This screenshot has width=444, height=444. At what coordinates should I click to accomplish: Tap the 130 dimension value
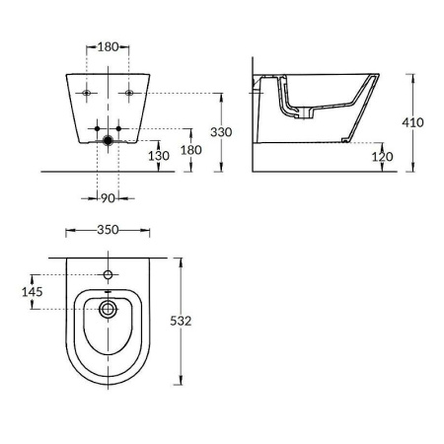click(157, 156)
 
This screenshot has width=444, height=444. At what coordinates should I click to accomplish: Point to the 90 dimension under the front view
click(108, 200)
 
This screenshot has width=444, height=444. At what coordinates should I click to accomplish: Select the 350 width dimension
click(108, 231)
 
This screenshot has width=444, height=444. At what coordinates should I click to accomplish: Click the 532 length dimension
click(193, 321)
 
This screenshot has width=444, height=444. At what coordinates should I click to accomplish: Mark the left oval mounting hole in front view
click(87, 94)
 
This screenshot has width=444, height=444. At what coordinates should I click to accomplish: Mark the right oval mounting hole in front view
click(128, 94)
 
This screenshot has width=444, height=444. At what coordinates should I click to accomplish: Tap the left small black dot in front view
click(97, 130)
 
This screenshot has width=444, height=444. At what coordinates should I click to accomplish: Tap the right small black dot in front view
click(118, 130)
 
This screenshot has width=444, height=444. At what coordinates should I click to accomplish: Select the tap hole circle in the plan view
click(108, 272)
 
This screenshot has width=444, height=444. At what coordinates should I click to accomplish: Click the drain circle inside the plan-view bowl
click(108, 310)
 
